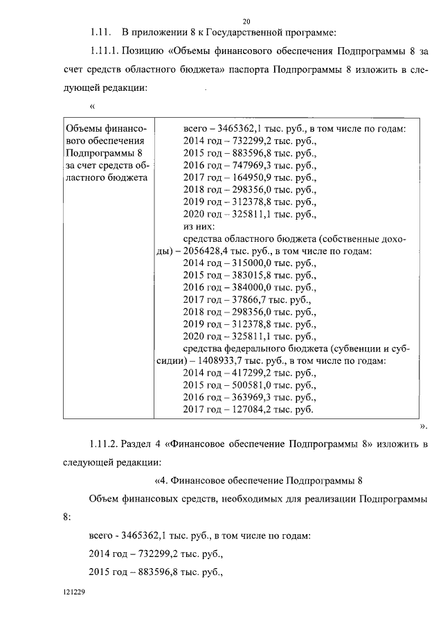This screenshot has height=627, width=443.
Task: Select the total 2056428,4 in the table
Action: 207,251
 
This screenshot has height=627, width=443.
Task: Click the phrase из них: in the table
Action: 199,227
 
